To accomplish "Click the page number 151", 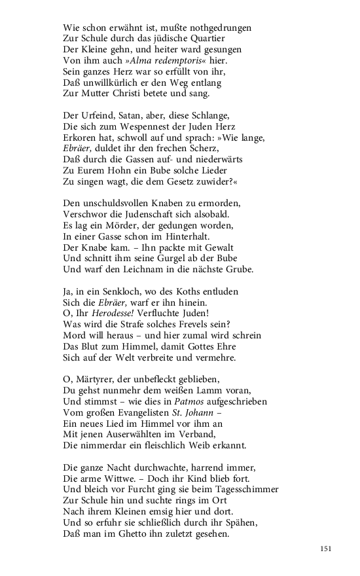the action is click(326, 548).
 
